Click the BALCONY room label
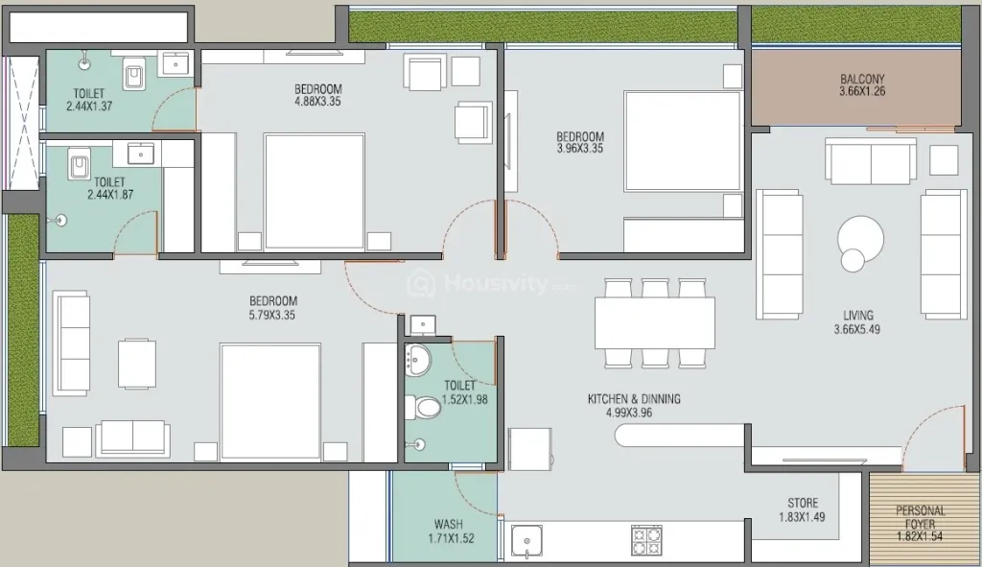coord(862,79)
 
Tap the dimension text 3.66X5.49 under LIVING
coord(856,329)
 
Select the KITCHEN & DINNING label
coord(634,398)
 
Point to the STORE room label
coord(803,503)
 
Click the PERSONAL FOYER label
coord(920,517)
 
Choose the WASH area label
coord(449,524)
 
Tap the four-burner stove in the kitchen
coord(647,541)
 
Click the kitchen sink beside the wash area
coord(526,541)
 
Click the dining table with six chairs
coord(654,322)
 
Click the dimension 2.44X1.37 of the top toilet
coord(89,106)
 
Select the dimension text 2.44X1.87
coord(110,195)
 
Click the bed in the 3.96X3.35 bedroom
coord(682,141)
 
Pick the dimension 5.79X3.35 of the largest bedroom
coord(271,315)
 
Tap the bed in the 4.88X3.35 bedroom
coord(315,191)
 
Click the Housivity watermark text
coord(495,284)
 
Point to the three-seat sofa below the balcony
coord(871,161)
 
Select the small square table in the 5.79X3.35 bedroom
coord(137,364)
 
